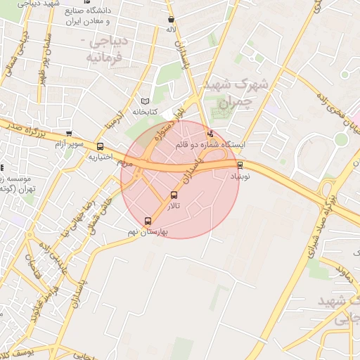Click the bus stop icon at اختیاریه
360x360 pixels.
pos(101,147)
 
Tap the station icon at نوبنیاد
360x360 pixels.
pos(240,165)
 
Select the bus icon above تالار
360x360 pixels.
pos(174,195)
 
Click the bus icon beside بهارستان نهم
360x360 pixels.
pos(147,220)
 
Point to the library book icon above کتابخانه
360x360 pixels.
pos(146,101)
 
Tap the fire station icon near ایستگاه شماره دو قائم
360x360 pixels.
pos(210,134)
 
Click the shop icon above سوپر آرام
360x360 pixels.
pos(68,133)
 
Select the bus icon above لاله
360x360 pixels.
pos(172,20)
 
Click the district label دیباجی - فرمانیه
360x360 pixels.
pos(104,50)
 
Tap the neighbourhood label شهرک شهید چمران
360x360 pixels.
pos(236,92)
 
